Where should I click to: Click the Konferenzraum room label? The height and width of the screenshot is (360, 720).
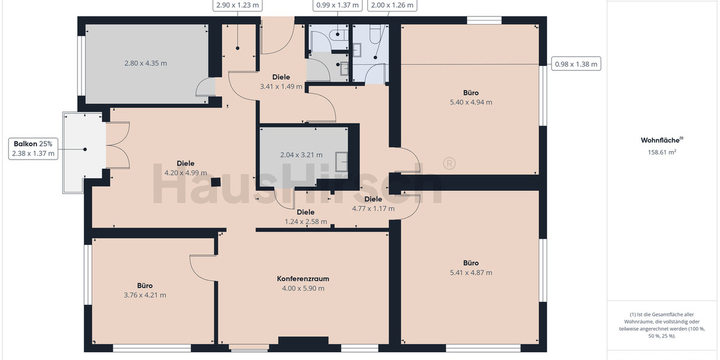(302, 279)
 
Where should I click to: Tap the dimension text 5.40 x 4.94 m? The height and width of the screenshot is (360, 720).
(470, 102)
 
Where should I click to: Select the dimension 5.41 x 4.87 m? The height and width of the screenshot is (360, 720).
(470, 272)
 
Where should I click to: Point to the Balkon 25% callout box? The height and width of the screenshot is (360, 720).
(33, 149)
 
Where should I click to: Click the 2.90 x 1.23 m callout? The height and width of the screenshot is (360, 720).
(238, 5)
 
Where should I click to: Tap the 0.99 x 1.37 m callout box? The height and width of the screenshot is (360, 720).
(337, 5)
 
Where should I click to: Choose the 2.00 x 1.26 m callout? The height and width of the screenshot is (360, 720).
(392, 5)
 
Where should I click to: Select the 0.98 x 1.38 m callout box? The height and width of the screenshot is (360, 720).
(575, 64)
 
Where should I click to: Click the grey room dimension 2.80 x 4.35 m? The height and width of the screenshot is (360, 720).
(145, 63)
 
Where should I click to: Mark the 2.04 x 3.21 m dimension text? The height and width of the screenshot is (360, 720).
(301, 155)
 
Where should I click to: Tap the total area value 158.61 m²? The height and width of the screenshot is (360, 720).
(662, 152)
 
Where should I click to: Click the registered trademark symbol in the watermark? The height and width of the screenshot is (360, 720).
(448, 164)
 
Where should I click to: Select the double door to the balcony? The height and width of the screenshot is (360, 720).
(118, 145)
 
